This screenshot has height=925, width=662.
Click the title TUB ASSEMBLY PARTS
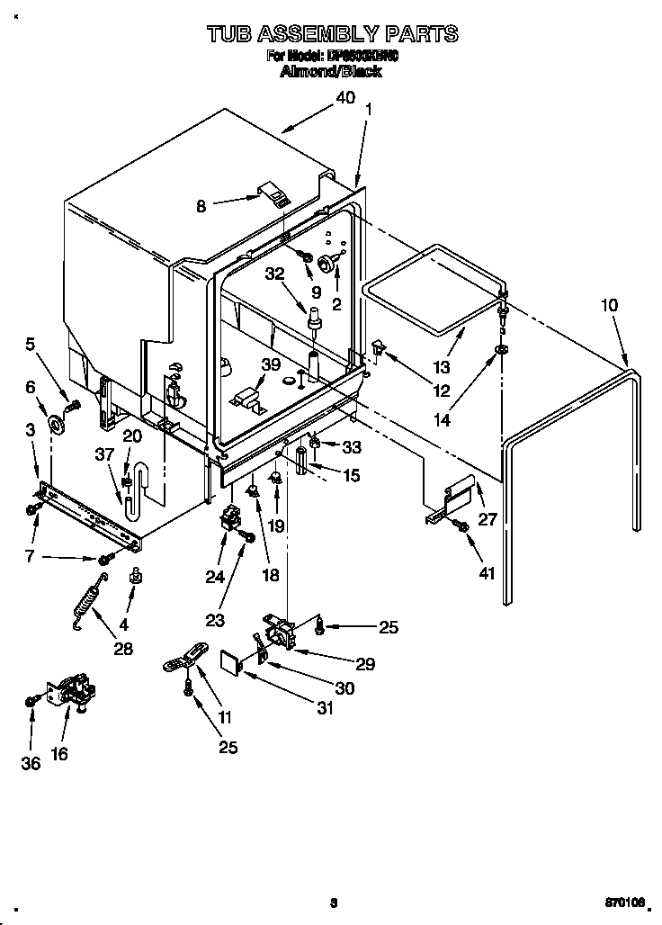[x=331, y=35]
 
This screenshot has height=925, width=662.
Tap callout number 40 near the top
[x=345, y=99]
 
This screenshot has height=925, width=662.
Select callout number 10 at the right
[x=609, y=305]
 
